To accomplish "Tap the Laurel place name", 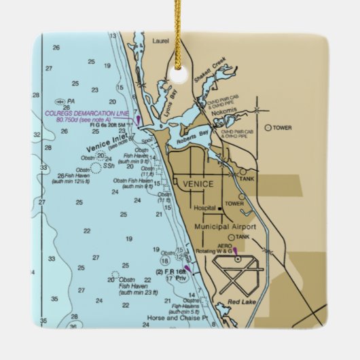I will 161,40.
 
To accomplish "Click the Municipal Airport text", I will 226,226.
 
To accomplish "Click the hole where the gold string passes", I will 181,68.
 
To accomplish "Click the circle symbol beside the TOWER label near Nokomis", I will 268,127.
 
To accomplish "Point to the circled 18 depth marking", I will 165,260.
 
